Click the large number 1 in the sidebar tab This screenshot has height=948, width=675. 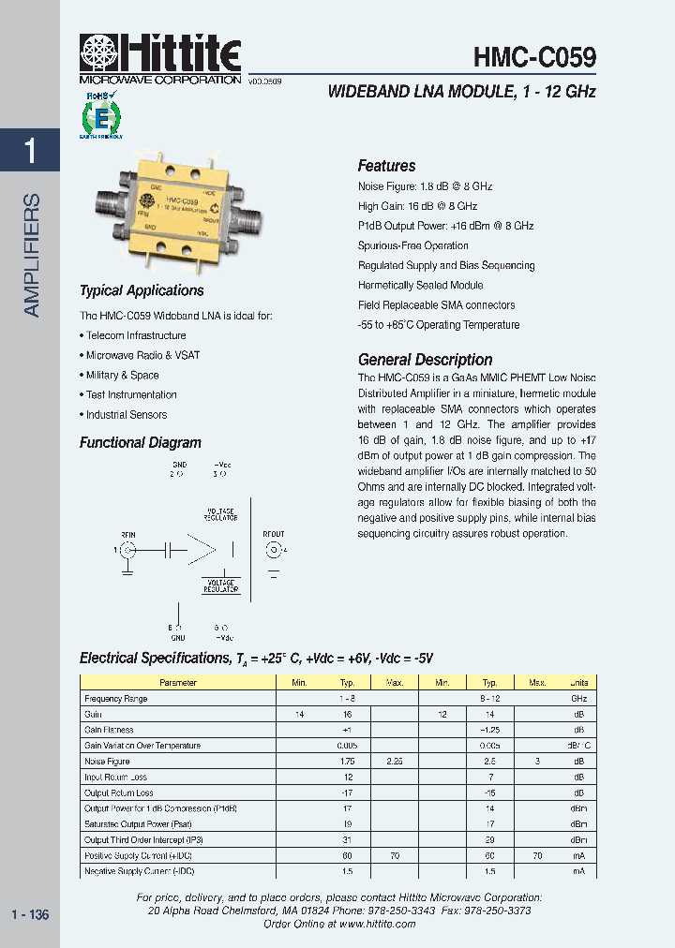[x=30, y=151]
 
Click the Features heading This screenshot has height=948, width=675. [x=386, y=166]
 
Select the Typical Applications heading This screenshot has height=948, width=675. [x=142, y=290]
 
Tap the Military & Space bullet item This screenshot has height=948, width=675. [x=122, y=375]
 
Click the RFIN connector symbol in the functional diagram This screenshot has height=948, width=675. [x=127, y=550]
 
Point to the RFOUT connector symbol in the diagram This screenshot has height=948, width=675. [x=274, y=550]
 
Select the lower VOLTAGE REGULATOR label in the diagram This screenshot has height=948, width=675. [x=220, y=587]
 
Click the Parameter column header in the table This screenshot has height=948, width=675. [x=178, y=683]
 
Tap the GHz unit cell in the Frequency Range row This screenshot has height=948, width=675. [x=578, y=699]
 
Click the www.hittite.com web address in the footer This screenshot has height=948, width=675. [x=377, y=924]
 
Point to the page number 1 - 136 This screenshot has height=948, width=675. [x=30, y=915]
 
